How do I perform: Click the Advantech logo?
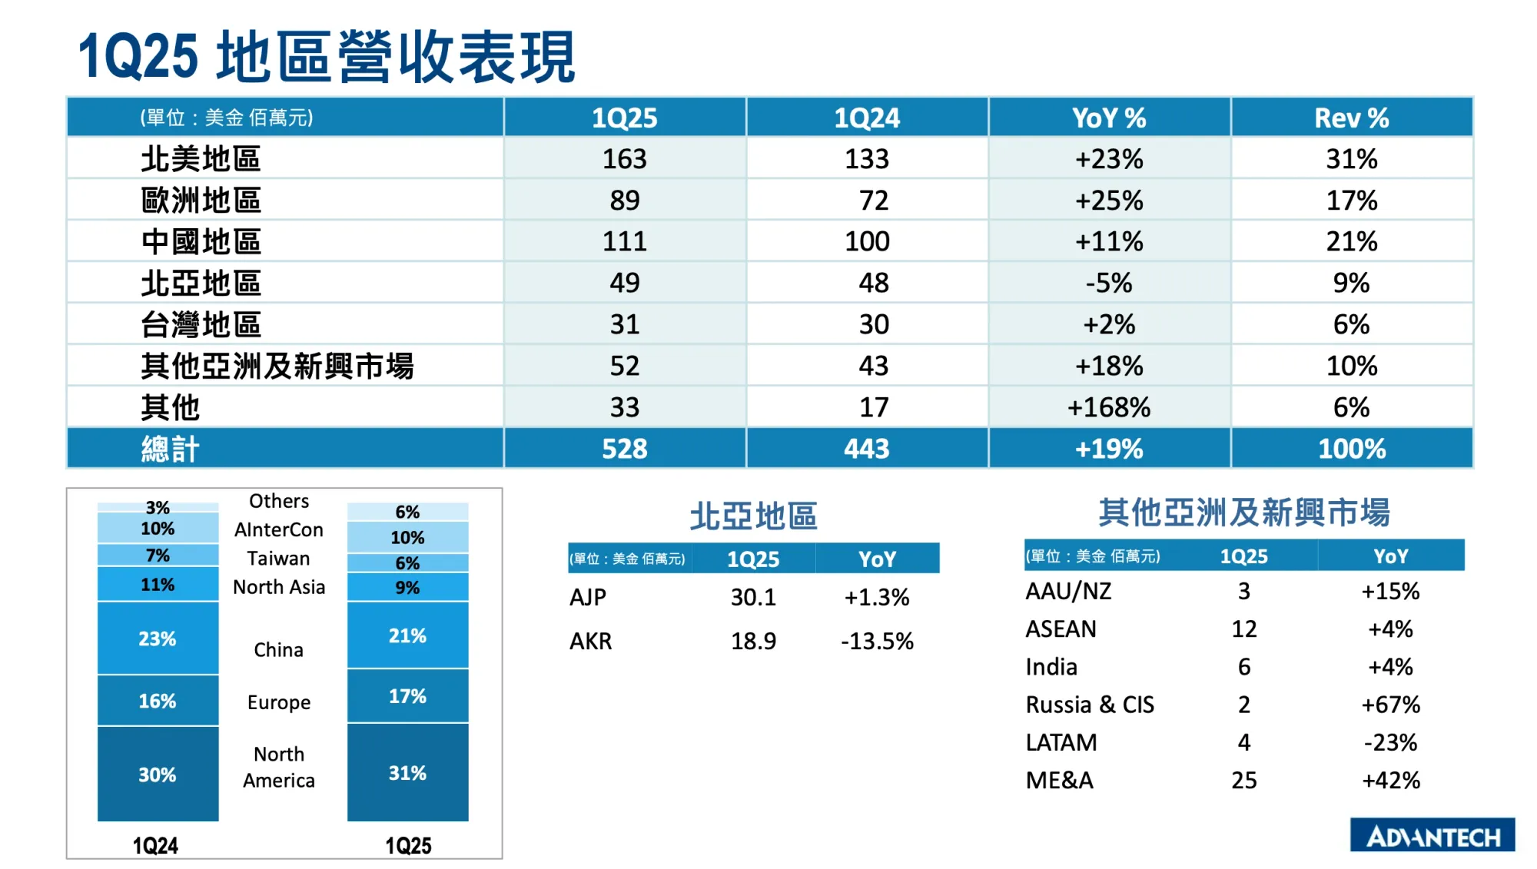point(1432,836)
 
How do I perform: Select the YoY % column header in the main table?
point(1109,118)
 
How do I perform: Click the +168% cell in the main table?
point(1109,407)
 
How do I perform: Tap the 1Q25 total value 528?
point(624,449)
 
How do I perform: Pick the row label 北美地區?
point(201,160)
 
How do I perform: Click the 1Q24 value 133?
point(867,159)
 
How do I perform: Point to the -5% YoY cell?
point(1109,283)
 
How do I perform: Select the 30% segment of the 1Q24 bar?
point(158,774)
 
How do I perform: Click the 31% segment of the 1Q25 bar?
point(407,773)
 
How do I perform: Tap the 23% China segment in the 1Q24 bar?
point(158,638)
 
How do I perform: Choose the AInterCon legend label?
point(279,530)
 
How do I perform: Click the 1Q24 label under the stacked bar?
point(155,846)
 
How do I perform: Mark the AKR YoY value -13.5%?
point(877,641)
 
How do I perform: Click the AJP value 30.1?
point(753,597)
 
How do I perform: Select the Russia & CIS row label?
point(1090,705)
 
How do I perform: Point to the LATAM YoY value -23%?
point(1390,742)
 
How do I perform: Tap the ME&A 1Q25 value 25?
point(1244,780)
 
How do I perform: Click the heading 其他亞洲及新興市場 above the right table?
point(1244,512)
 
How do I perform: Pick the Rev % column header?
point(1352,118)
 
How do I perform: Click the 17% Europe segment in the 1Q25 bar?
point(407,696)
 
